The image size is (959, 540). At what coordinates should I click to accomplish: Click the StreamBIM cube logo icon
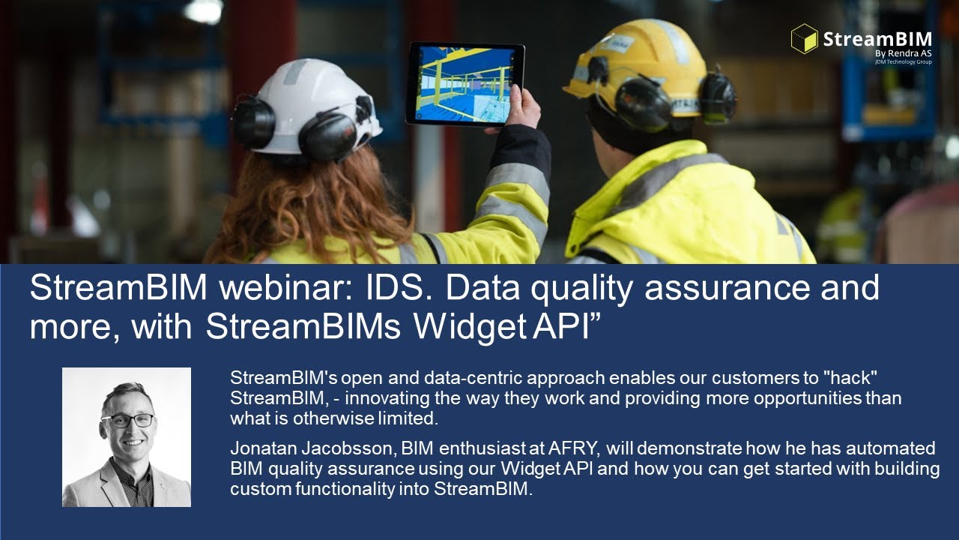click(804, 38)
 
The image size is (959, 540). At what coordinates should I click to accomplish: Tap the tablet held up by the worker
click(465, 83)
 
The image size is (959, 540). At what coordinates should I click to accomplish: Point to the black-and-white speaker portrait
click(127, 436)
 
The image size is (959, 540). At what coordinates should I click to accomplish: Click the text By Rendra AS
click(903, 53)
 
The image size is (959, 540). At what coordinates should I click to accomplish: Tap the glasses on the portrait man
click(127, 420)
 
